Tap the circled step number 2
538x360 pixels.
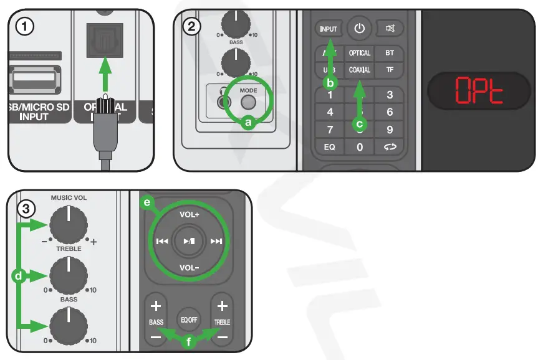tap(193, 27)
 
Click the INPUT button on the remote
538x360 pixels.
tap(329, 29)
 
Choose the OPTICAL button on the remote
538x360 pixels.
tap(360, 54)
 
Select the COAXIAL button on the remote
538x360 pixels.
tap(360, 70)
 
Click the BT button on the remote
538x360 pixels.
tap(390, 54)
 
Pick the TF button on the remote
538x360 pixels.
tap(390, 70)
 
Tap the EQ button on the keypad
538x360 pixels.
tap(330, 148)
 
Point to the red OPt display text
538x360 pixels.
tap(478, 91)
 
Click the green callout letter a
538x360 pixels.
tap(249, 123)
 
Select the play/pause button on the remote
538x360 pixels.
tap(189, 242)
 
